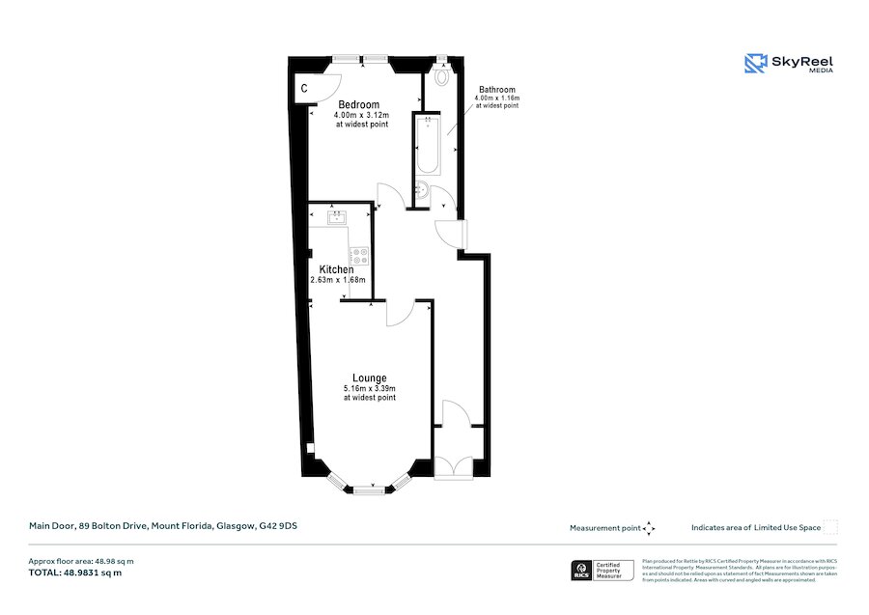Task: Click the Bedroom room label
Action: (358, 104)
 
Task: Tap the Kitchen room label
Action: (337, 269)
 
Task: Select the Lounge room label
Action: (369, 377)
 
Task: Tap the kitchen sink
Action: (336, 217)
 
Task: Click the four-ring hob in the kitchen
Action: (360, 257)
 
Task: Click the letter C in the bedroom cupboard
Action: (303, 89)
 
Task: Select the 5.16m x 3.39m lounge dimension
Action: (370, 388)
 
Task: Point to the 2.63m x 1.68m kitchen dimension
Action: (338, 280)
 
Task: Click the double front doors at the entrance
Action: (451, 466)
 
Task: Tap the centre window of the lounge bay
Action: (369, 490)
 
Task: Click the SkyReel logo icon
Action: (755, 64)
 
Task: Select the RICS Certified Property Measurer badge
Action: (603, 571)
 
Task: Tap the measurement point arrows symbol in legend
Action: (649, 528)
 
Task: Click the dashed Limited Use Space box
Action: (830, 527)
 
